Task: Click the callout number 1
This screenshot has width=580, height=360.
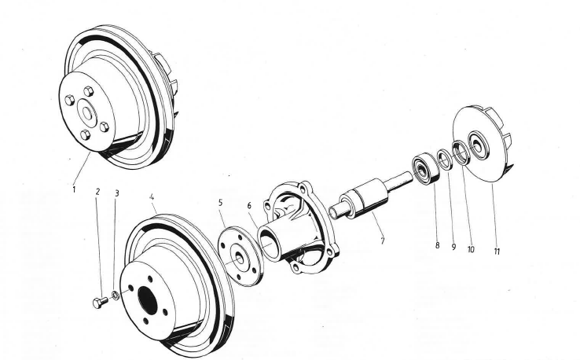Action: pos(74,189)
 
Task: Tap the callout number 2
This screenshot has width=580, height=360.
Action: pos(97,192)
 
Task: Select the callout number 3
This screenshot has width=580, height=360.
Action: pos(117,193)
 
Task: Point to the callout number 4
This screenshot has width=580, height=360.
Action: pos(152,197)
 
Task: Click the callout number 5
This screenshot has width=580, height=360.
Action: pos(221,202)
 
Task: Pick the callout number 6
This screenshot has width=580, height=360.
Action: pos(249,205)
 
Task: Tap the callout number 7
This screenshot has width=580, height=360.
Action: pos(383,241)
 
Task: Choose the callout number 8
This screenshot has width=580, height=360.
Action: pos(437,245)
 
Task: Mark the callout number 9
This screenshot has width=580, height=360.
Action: pos(453,247)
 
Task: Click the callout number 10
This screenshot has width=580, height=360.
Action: pos(471,249)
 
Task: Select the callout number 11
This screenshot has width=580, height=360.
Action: pos(497,252)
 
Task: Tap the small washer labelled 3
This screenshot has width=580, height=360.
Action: pos(115,296)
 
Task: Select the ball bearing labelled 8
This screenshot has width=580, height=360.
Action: pos(426,168)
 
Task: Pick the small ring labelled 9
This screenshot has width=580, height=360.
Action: pos(445,159)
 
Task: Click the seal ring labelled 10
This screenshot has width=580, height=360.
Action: pos(461,152)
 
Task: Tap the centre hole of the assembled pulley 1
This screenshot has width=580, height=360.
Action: pos(87,113)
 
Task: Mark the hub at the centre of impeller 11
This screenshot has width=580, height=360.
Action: pos(478,145)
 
